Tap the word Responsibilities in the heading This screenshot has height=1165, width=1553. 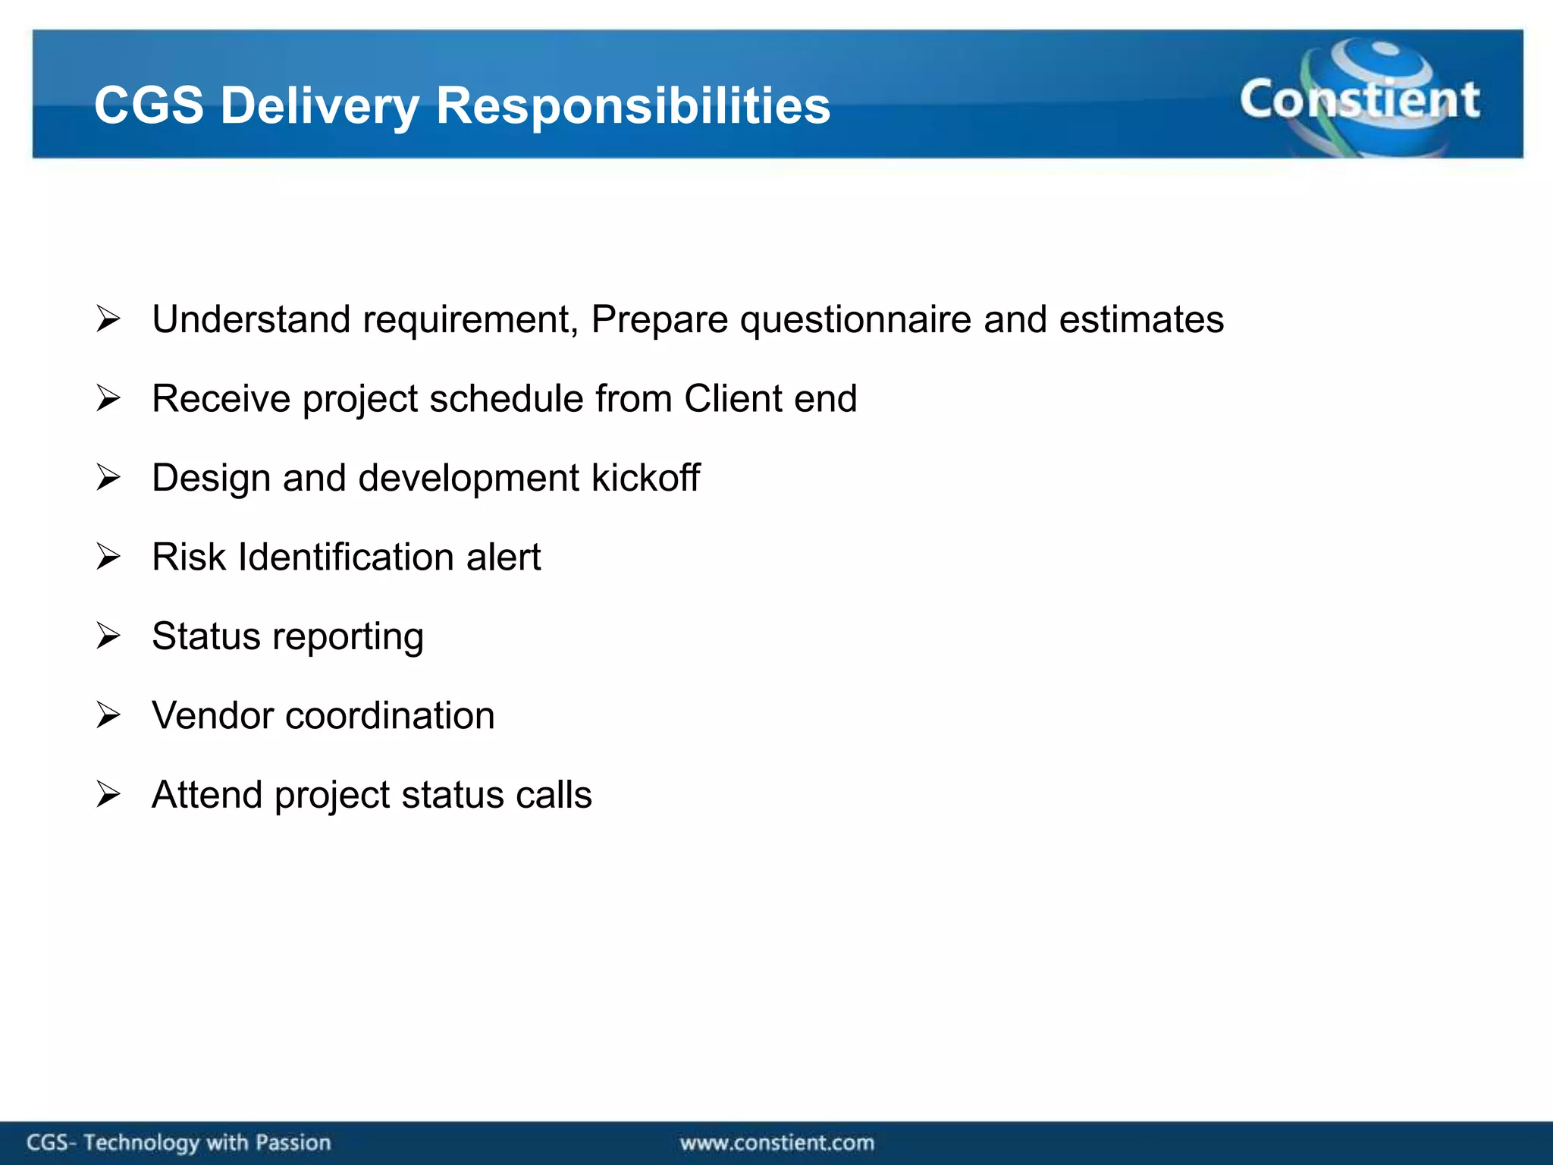tap(633, 105)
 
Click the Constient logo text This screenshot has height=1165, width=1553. tap(1359, 99)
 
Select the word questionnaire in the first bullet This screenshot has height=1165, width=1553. tap(855, 319)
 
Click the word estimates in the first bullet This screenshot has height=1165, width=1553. tap(1140, 319)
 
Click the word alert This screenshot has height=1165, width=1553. tap(504, 557)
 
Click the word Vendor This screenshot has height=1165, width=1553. tap(212, 715)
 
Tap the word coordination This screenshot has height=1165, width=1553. tap(390, 715)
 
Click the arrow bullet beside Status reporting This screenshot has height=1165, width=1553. tap(108, 636)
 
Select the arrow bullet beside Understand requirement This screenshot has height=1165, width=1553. tap(108, 319)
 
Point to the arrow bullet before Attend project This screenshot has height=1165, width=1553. tap(108, 795)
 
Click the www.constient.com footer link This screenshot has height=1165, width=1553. tap(776, 1142)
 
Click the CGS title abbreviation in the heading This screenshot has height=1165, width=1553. tap(149, 105)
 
